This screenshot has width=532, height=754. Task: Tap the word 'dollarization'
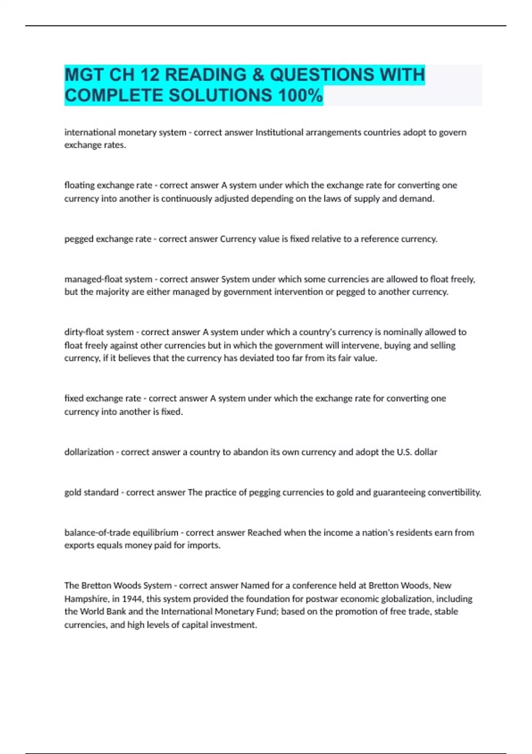89,452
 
